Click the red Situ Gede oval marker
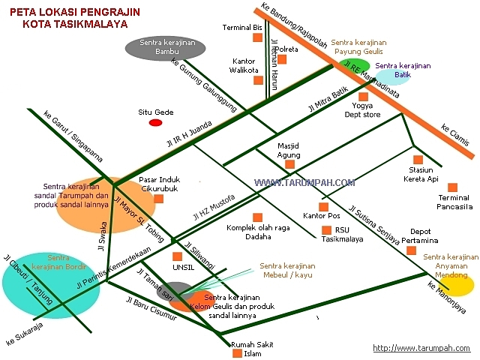pyautogui.click(x=155, y=122)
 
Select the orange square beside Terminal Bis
pyautogui.click(x=258, y=37)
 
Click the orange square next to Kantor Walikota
pyautogui.click(x=258, y=79)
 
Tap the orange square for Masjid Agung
pyautogui.click(x=289, y=164)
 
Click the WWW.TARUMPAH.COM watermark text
pyautogui.click(x=304, y=182)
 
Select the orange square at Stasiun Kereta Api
pyautogui.click(x=419, y=159)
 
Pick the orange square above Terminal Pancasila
pyautogui.click(x=452, y=187)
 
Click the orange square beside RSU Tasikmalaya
pyautogui.click(x=325, y=230)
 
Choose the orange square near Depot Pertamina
pyautogui.click(x=411, y=250)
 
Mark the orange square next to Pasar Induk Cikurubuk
pyautogui.click(x=179, y=180)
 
